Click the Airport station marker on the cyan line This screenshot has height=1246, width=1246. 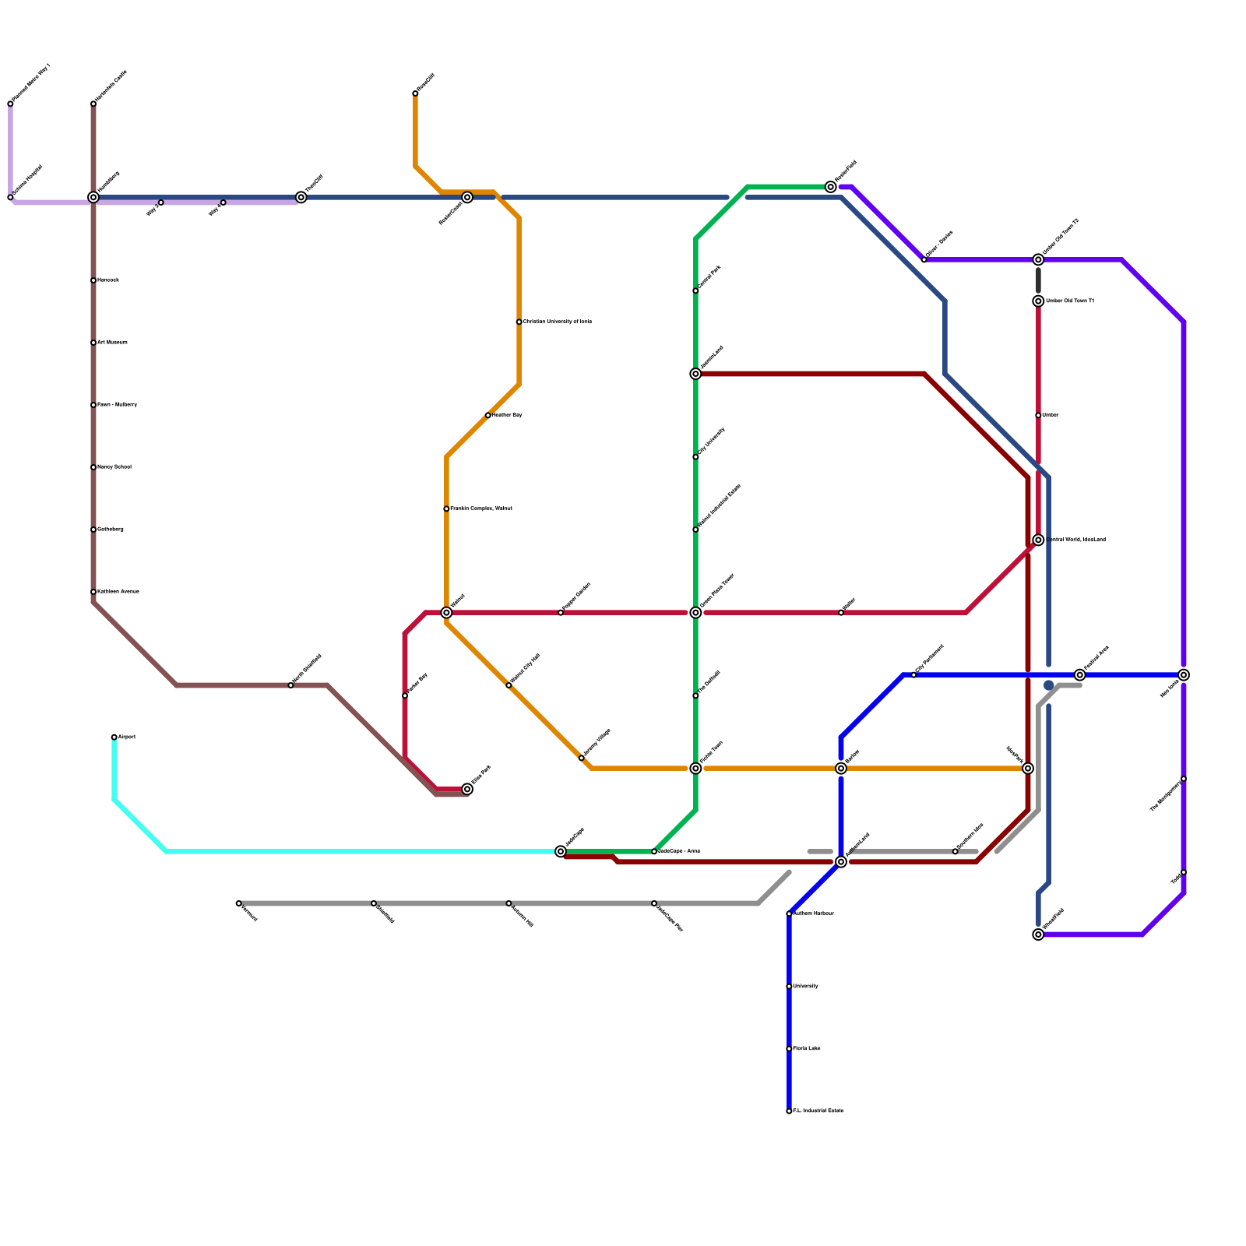(x=114, y=737)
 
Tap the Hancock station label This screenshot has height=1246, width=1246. (x=107, y=280)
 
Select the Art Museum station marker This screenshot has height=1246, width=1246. (x=93, y=343)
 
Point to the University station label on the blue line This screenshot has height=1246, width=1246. (x=805, y=987)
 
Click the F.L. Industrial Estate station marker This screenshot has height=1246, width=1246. (x=789, y=1111)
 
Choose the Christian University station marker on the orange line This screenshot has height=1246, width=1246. (x=519, y=322)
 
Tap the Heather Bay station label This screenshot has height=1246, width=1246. (x=507, y=415)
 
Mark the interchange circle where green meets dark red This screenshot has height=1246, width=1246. (x=695, y=374)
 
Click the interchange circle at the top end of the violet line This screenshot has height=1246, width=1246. (x=831, y=187)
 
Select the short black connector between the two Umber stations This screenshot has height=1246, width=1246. (x=1038, y=280)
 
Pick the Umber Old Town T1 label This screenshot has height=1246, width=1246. (x=1069, y=301)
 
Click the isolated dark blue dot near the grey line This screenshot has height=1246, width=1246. (x=1049, y=685)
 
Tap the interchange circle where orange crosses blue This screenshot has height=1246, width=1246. (x=841, y=769)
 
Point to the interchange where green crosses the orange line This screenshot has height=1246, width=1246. (x=695, y=769)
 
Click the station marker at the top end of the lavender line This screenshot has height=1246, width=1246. (x=10, y=104)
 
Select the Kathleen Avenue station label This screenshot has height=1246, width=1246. (x=118, y=592)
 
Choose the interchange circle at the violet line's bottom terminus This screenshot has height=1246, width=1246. (x=1038, y=935)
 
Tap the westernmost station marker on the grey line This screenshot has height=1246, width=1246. (x=238, y=903)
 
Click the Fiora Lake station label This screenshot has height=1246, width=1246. (x=806, y=1049)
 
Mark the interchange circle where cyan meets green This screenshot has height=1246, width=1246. (x=561, y=851)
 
